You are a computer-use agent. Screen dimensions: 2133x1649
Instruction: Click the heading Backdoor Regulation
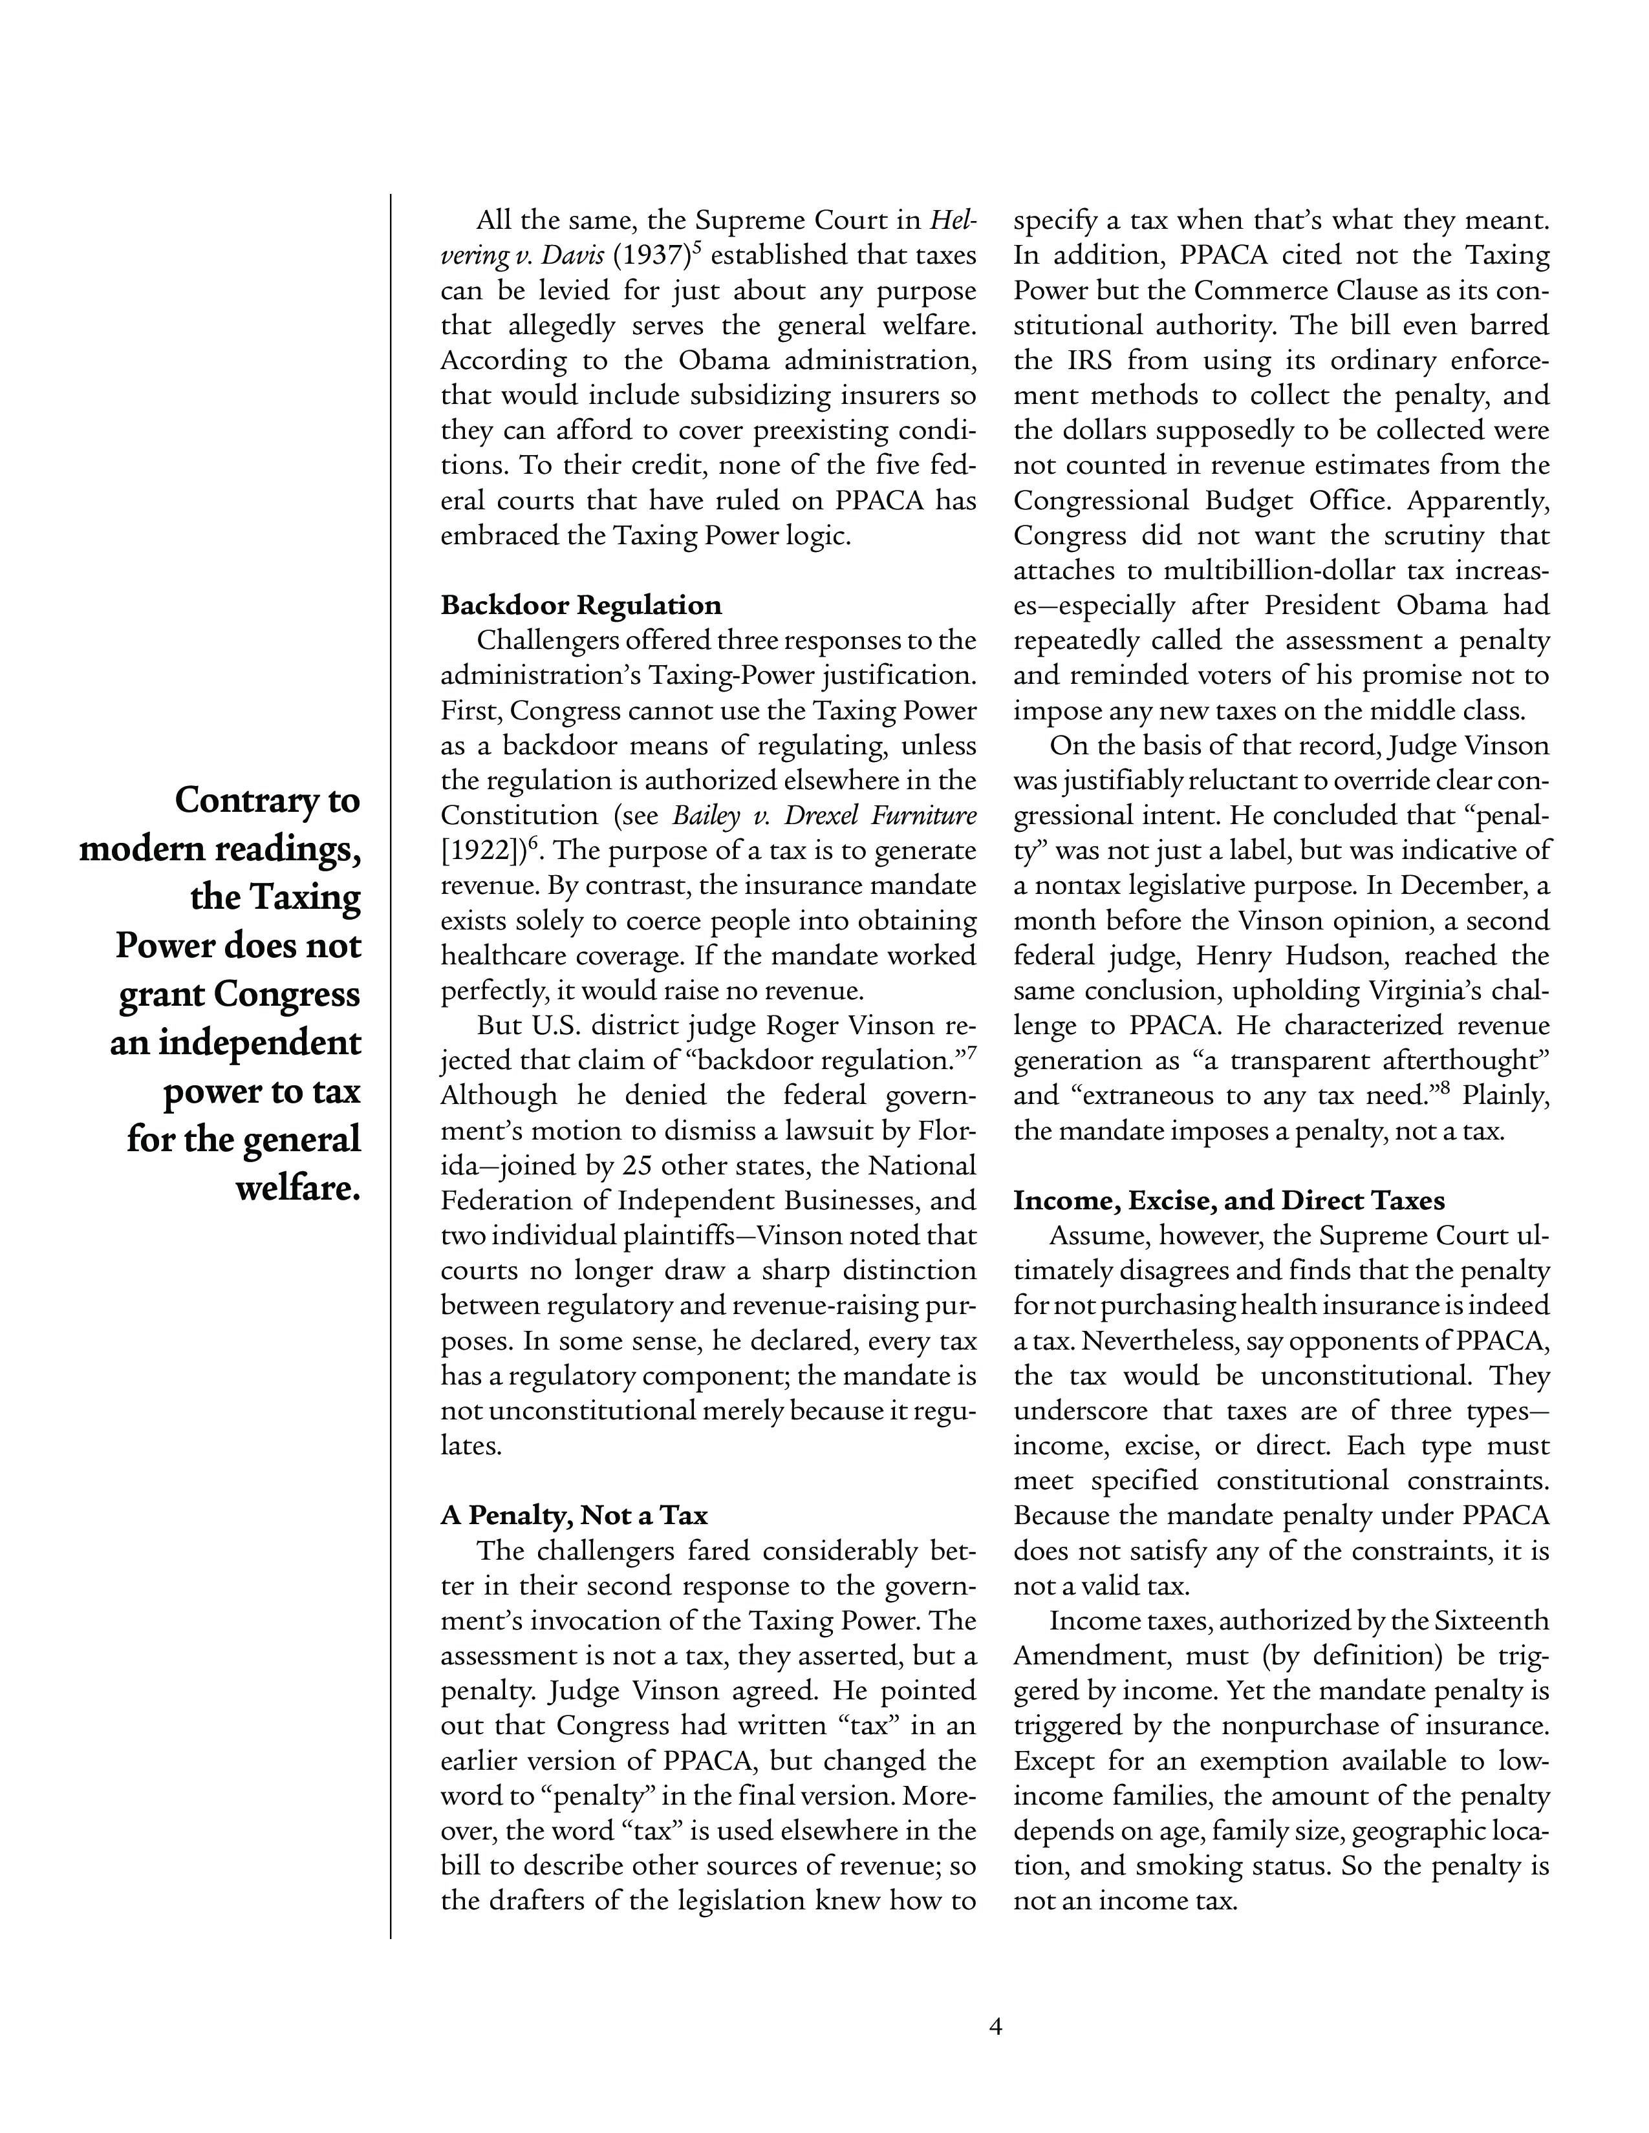coord(581,606)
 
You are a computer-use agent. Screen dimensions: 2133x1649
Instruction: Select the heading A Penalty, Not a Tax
coord(574,1515)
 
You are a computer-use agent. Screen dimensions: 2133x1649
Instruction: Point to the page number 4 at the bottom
coord(995,2026)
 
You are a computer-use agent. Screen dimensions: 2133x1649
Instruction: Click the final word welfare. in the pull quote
coord(298,1189)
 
